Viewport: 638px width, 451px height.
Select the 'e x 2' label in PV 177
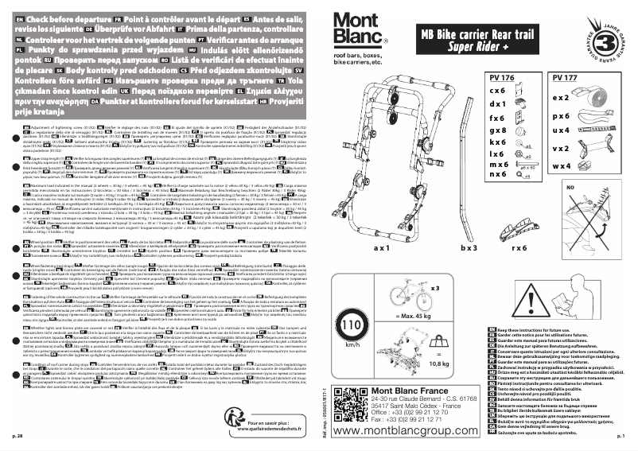coord(562,97)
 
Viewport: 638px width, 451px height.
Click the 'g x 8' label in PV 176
coord(497,128)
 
